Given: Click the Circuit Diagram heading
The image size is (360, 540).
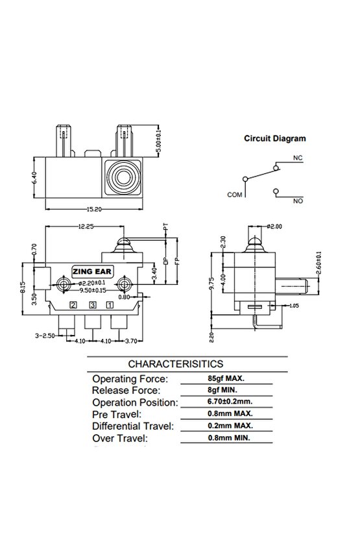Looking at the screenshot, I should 274,138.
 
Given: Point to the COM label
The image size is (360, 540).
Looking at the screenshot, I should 234,194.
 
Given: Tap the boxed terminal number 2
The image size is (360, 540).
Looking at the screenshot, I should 74,304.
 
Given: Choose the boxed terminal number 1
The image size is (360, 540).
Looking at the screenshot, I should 110,304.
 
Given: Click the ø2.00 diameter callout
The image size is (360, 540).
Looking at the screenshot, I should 275,226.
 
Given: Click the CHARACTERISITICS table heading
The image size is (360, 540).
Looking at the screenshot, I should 176,364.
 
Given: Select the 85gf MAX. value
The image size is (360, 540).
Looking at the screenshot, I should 221,378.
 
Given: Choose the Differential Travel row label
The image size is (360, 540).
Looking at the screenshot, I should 133,425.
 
